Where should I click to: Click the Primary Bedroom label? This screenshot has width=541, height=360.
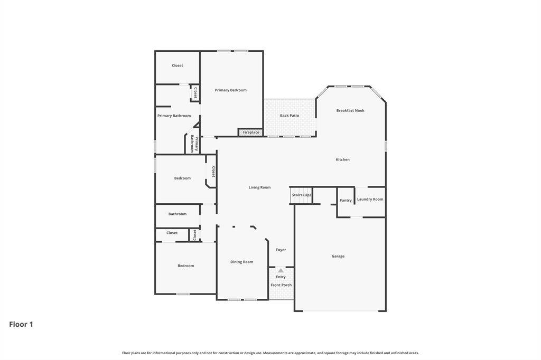click(x=230, y=90)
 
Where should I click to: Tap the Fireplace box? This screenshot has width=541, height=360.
click(x=251, y=132)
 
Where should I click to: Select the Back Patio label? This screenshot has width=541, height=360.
click(x=290, y=116)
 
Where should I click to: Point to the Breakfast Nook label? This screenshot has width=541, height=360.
click(x=350, y=110)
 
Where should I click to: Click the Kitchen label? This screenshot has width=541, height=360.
click(x=342, y=159)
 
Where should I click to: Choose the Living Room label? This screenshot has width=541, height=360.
click(x=259, y=187)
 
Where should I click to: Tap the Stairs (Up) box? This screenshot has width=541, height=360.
click(x=301, y=195)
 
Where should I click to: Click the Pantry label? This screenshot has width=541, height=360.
click(x=346, y=201)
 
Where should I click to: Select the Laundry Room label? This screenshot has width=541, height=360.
click(x=370, y=200)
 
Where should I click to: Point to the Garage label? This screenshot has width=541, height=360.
click(x=338, y=256)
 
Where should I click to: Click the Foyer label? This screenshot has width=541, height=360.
click(x=281, y=250)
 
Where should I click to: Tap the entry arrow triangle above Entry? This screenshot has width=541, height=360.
click(x=281, y=271)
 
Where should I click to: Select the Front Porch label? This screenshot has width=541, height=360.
click(x=281, y=285)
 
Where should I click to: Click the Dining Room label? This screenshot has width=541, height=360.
click(x=241, y=262)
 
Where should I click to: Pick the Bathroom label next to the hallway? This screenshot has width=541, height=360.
click(x=178, y=214)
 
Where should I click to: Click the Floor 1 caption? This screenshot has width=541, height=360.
click(x=21, y=324)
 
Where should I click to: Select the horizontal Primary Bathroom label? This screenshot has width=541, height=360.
click(x=174, y=116)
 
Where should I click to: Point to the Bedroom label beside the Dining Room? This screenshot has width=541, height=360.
click(x=185, y=266)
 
